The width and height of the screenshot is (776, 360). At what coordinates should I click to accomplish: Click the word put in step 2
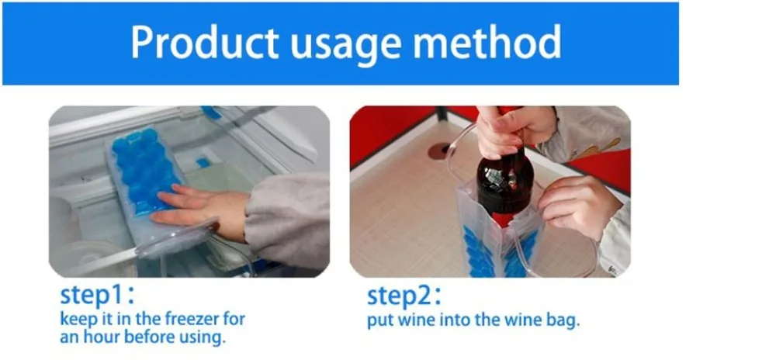[x=379, y=320]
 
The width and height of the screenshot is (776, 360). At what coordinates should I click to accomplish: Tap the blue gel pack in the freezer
[x=144, y=171]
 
